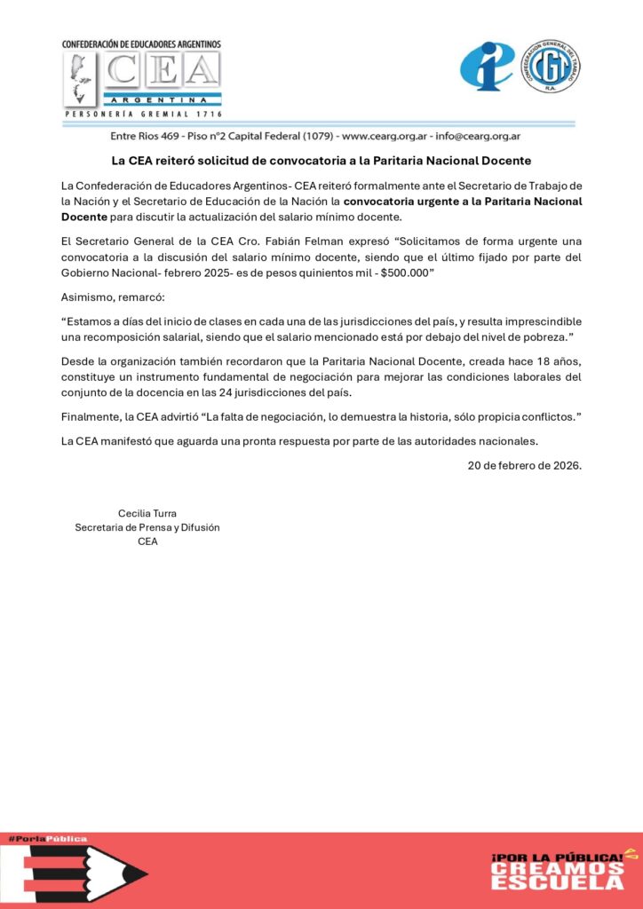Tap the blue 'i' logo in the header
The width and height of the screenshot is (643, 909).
tap(487, 67)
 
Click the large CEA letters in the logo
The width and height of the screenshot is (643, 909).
tap(162, 71)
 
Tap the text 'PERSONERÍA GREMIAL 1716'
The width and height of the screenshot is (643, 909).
tap(143, 115)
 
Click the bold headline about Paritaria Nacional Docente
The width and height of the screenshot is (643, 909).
tap(321, 161)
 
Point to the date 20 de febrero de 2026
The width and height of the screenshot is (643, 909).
tap(525, 464)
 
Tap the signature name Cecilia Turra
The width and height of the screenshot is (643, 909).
tap(147, 513)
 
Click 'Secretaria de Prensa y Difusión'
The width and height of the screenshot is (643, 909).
tap(147, 527)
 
